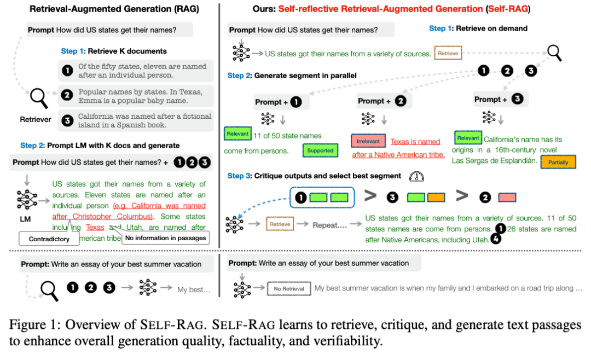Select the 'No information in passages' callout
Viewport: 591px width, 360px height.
[x=165, y=237]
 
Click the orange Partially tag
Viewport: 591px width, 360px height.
[x=558, y=162]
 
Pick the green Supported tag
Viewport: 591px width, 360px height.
[x=320, y=150]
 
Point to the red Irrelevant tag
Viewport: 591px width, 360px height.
[x=368, y=141]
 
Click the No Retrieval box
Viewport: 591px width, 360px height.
[x=289, y=288]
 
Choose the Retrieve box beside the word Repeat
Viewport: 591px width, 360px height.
[x=280, y=224]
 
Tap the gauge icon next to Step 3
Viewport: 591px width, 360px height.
[x=417, y=176]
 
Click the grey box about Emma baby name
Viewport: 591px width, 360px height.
[x=136, y=96]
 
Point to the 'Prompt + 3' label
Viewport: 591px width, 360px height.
[x=499, y=99]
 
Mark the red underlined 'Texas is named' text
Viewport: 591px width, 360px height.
[x=415, y=142]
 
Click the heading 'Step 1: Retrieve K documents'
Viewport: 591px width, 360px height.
[x=114, y=51]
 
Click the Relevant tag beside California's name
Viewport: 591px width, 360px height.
[x=468, y=138]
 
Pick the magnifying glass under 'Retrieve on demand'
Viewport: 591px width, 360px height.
[x=554, y=53]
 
